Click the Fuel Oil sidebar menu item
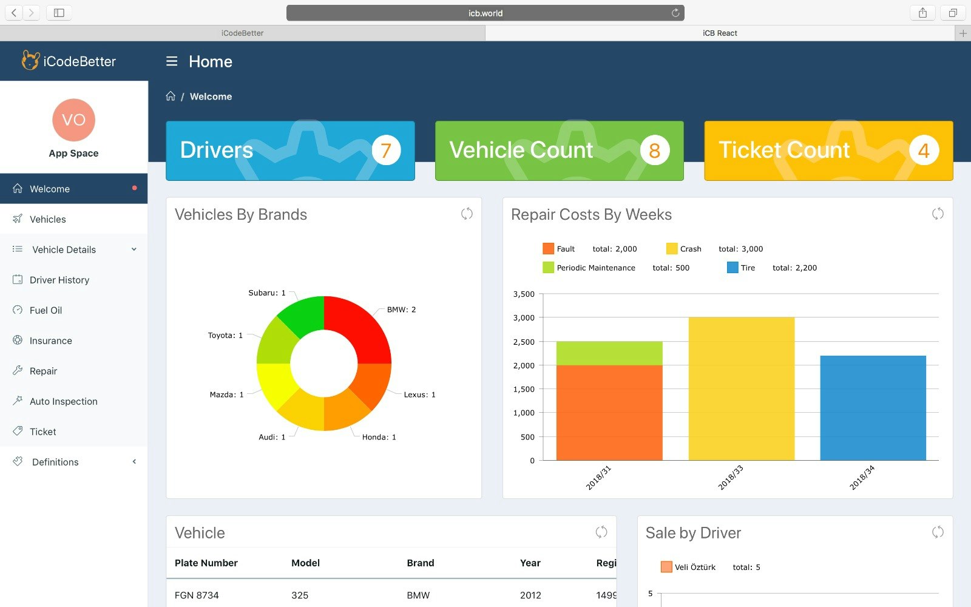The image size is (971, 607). pos(46,310)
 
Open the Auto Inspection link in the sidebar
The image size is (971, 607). pos(63,401)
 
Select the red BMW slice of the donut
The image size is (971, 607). pos(362,328)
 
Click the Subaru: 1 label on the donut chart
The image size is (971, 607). pos(266,293)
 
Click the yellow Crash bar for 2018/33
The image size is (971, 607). pos(741,388)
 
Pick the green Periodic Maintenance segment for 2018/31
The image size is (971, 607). pos(609,353)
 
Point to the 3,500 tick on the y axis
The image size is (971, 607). pos(524,294)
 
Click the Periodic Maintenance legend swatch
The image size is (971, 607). pos(548,268)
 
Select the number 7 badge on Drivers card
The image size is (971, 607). pos(386,151)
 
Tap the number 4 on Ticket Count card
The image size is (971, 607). pos(924,151)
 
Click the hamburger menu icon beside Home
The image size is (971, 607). pos(172,61)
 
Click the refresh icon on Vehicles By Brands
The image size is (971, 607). pos(467,214)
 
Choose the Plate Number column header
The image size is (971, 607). pos(206,563)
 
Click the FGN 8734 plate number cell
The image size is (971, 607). pos(197,595)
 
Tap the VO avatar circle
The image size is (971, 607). pos(73,120)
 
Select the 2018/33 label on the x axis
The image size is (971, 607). pos(731,478)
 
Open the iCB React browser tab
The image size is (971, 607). pos(720,33)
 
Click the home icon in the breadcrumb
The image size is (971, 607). pos(171,96)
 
